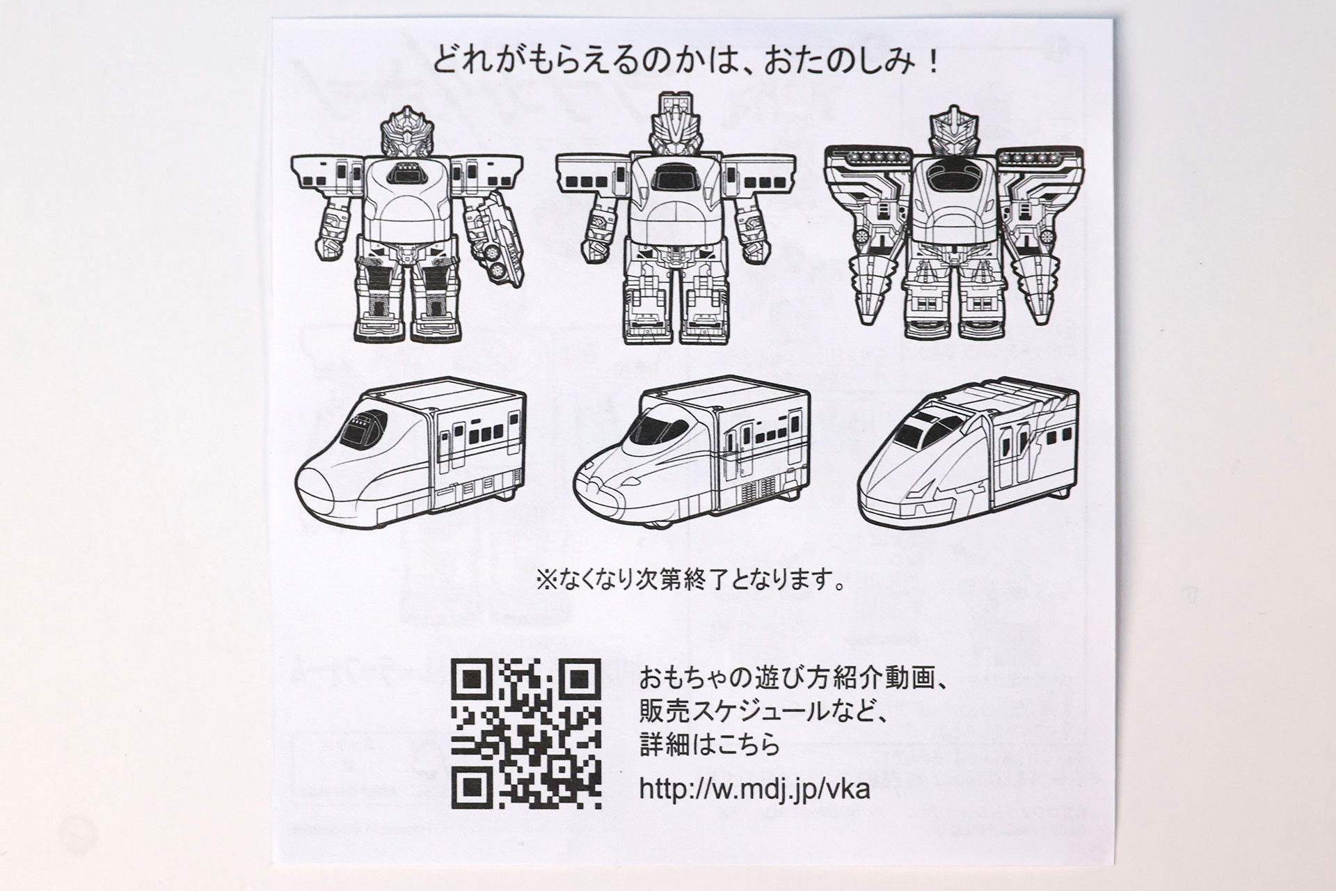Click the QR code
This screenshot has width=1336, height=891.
[526, 734]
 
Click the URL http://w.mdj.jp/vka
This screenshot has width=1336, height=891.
[754, 789]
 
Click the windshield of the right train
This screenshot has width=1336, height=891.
[913, 432]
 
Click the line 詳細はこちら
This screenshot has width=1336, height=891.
[710, 746]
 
